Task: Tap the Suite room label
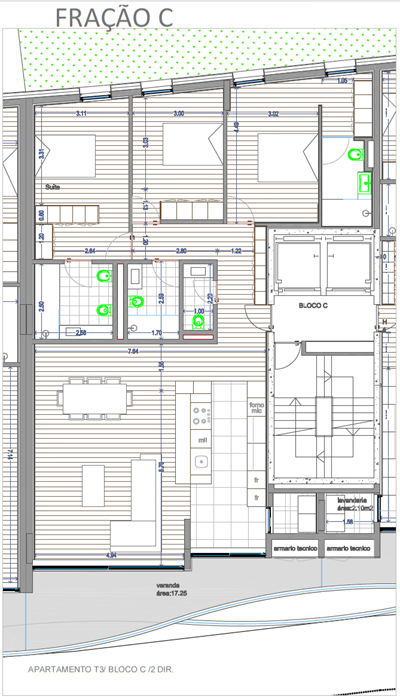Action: (52, 187)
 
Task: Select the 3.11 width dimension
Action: (81, 114)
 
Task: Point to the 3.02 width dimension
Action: (273, 114)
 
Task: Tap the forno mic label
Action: (257, 407)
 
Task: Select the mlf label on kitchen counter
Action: (202, 439)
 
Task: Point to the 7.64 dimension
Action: (132, 351)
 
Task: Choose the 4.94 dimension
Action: (112, 553)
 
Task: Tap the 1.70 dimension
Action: (156, 332)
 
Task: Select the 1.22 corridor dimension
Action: (236, 251)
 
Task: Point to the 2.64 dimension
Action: (89, 251)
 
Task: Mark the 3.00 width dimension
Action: (178, 114)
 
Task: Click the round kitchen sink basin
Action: (201, 462)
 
